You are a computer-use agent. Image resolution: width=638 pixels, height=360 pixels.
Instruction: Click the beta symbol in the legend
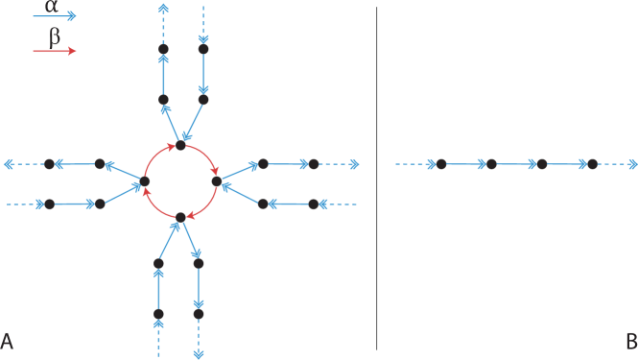coord(55,36)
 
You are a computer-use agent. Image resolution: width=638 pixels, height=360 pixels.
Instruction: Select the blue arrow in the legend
coord(54,16)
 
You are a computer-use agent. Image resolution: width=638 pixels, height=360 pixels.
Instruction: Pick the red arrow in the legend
coord(54,51)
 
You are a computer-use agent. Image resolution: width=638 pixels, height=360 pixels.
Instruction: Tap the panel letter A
coord(7,341)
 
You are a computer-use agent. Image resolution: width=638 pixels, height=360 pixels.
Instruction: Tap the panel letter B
coord(630,341)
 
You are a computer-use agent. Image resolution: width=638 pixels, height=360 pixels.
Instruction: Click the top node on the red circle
coord(180,145)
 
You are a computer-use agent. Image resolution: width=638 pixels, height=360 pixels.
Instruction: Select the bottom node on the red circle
coord(180,217)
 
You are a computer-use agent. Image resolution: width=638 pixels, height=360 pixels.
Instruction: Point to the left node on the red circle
coord(145,180)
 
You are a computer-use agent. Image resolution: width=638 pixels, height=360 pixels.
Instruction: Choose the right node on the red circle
coord(216,180)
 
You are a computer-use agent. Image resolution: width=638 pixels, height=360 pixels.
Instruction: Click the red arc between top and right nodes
coord(205,156)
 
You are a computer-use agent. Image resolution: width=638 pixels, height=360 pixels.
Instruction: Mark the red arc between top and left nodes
coord(155,156)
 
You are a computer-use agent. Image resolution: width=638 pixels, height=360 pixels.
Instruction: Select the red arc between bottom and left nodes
coord(155,206)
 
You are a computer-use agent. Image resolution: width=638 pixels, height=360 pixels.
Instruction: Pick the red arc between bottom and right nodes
coord(205,206)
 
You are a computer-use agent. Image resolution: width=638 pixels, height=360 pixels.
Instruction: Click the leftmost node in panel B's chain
coord(441,164)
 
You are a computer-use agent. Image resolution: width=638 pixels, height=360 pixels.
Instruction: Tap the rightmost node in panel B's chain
coord(592,164)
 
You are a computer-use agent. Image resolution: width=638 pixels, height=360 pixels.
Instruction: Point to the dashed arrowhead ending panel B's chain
coord(631,164)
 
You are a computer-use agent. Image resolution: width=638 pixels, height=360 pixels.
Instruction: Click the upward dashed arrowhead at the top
coord(163,8)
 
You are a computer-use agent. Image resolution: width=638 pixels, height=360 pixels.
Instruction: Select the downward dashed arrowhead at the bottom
coord(199,353)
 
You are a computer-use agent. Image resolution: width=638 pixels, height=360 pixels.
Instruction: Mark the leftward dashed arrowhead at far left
coord(9,164)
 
